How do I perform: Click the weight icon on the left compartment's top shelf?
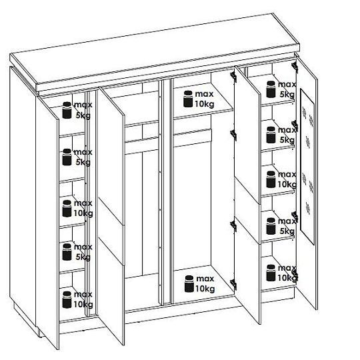coord(67,110)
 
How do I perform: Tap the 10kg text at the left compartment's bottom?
coord(83,305)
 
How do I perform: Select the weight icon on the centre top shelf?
coord(188,99)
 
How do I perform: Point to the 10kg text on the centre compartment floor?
coord(205,289)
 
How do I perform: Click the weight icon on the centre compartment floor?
coord(189,284)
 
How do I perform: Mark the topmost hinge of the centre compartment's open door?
coord(233,75)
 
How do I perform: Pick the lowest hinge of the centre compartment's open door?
coord(233,284)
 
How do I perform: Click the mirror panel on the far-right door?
coord(307,167)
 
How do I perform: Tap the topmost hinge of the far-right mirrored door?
coord(294,65)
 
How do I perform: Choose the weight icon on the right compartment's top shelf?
coord(271,89)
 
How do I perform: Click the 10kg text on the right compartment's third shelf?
coord(287,185)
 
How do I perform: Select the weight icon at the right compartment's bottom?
coord(271,273)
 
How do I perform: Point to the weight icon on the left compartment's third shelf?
coord(67,209)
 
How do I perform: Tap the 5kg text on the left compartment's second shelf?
coord(83,162)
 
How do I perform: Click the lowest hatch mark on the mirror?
coord(308,208)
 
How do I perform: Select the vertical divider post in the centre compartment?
coord(166,192)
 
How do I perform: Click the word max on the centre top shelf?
coord(204,94)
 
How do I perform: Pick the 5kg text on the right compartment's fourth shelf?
coord(287,231)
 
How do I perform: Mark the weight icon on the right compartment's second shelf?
coord(271,135)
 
